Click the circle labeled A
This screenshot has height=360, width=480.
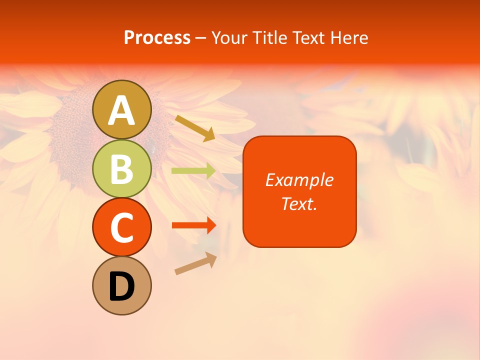click(x=122, y=109)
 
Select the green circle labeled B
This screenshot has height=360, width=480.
click(x=122, y=168)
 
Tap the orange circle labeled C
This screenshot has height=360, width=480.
click(x=122, y=227)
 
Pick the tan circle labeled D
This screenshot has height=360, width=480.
click(x=122, y=285)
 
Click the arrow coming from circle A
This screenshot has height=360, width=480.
click(x=195, y=127)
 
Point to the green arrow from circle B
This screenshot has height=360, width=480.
click(x=193, y=171)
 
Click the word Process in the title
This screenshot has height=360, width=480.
click(x=157, y=37)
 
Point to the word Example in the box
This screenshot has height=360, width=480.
click(x=299, y=180)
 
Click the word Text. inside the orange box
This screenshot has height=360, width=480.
click(x=299, y=203)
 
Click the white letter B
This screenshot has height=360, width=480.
click(x=122, y=168)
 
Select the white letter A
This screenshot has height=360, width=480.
click(x=122, y=110)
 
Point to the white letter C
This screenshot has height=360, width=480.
click(x=122, y=227)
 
